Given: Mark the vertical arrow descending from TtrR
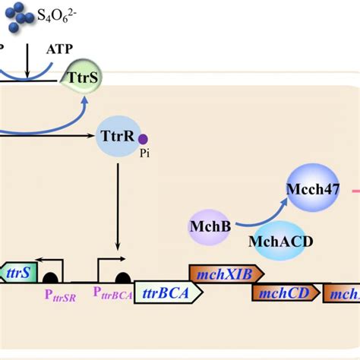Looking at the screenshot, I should tap(118, 205).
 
